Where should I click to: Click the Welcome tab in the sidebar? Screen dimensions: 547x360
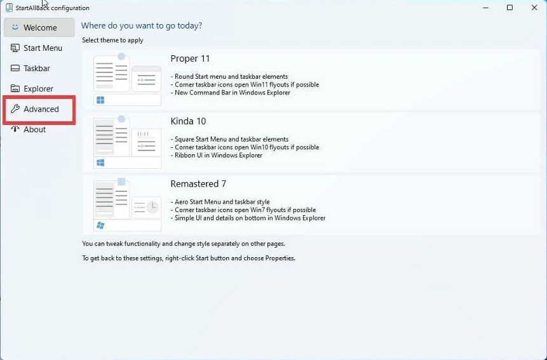[x=39, y=27]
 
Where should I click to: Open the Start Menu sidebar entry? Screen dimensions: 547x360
[x=37, y=48]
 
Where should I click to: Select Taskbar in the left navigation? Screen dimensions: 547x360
[x=30, y=69]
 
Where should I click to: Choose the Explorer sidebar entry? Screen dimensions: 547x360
[x=32, y=88]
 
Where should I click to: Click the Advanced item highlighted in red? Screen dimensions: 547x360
[x=39, y=109]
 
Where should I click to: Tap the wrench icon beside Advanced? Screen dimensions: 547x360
[x=15, y=109]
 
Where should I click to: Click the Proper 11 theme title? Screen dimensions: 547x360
[x=190, y=58]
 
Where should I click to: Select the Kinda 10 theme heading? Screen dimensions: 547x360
[x=188, y=121]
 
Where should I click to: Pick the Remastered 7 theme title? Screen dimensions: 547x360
[x=198, y=183]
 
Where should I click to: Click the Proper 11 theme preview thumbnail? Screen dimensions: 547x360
[x=127, y=79]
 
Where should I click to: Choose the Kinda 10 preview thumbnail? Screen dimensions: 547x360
[x=127, y=142]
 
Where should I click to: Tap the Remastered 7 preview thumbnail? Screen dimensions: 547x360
[x=127, y=204]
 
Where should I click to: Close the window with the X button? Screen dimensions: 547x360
[x=534, y=8]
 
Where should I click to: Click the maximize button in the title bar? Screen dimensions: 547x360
[x=510, y=8]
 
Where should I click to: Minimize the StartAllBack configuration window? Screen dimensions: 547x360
[x=485, y=8]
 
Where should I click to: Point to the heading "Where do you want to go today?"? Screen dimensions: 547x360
[x=142, y=26]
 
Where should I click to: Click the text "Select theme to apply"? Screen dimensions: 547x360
[x=112, y=40]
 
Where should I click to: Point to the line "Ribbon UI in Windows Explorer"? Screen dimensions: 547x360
[x=219, y=156]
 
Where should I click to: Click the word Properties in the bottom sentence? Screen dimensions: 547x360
[x=280, y=258]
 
